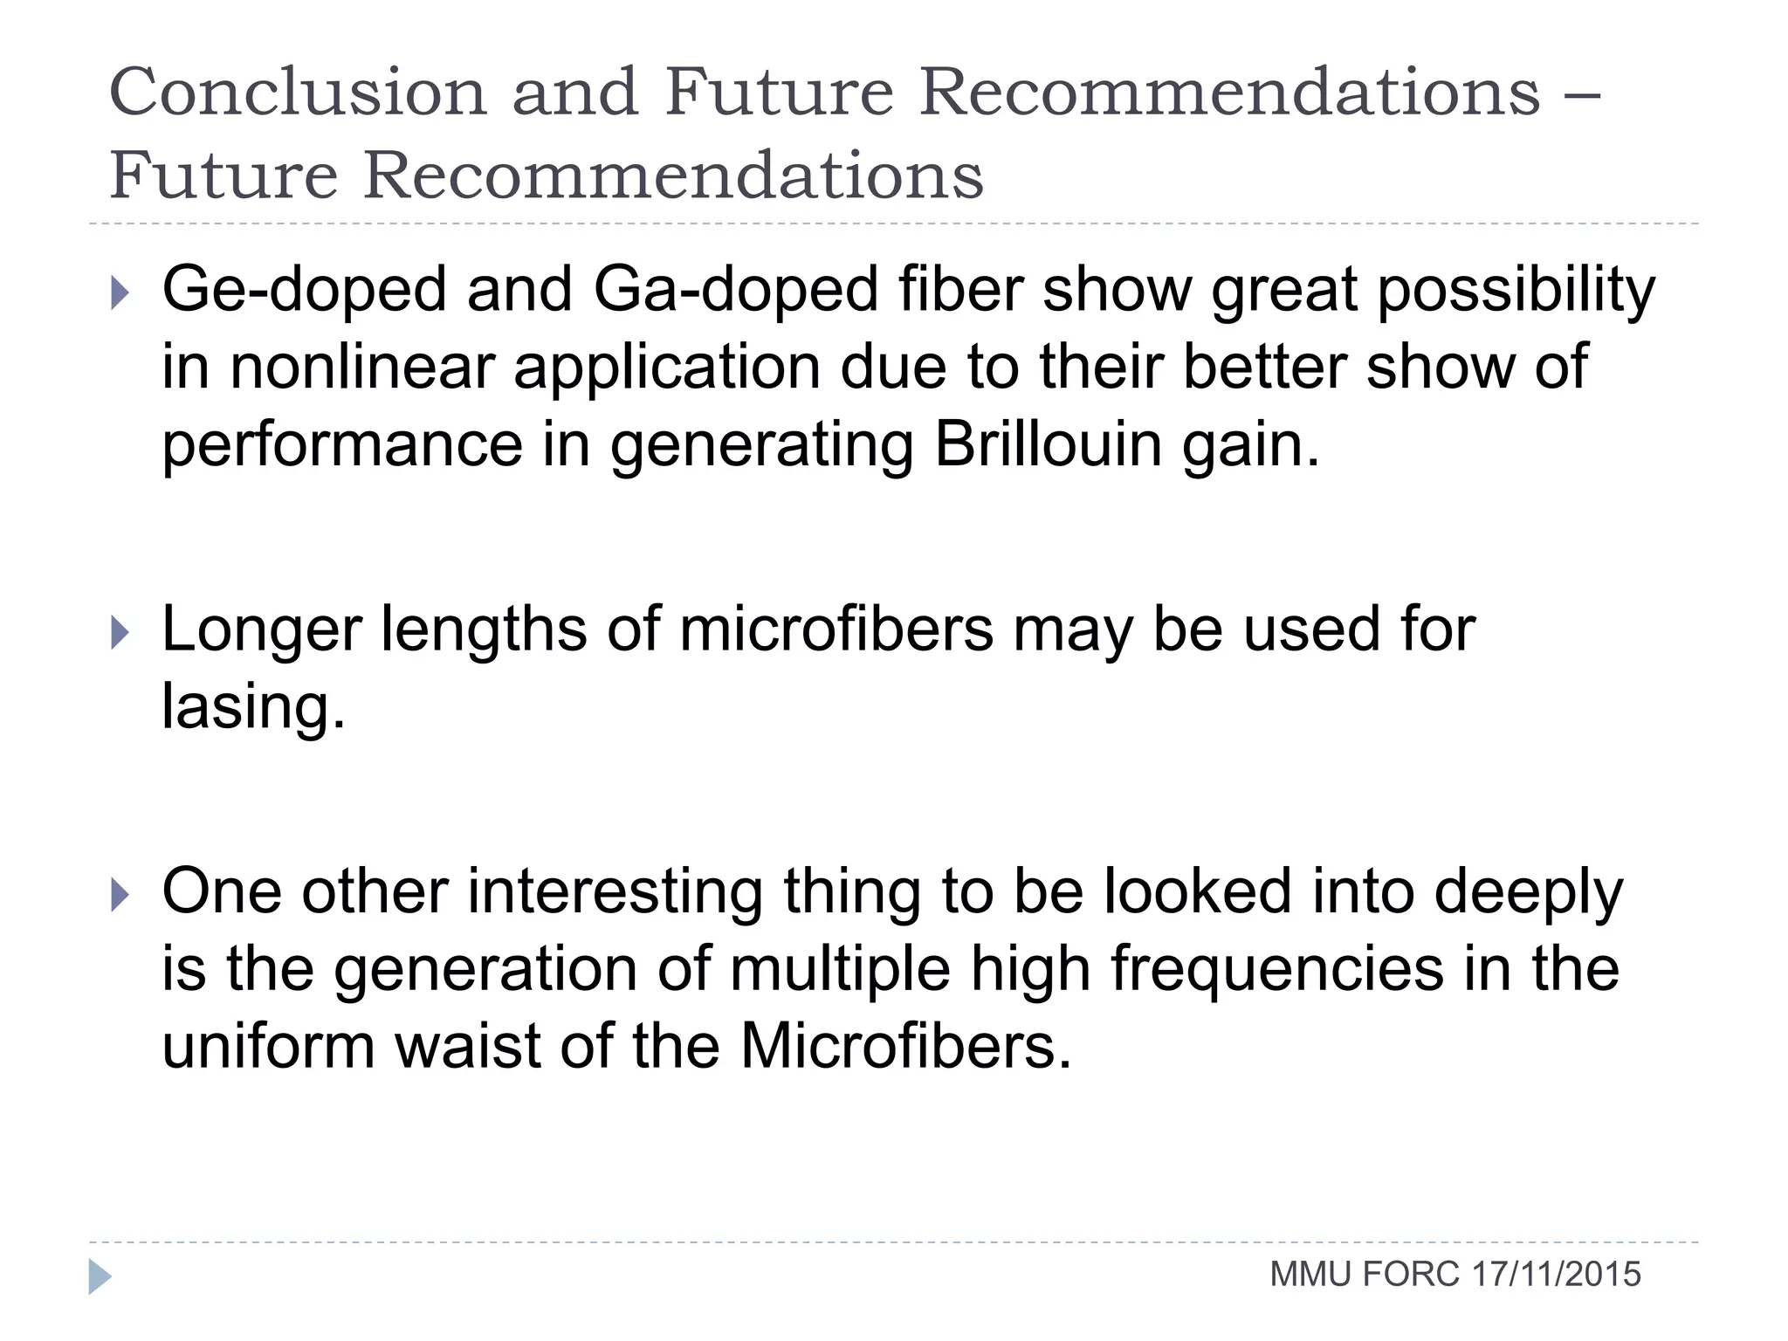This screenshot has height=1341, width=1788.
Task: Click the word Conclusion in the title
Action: (298, 92)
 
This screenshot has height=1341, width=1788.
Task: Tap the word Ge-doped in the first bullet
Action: (304, 290)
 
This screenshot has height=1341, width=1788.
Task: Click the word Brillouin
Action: (1048, 444)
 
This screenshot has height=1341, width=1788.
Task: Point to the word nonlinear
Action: (362, 368)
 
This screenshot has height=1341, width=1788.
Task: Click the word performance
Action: (342, 446)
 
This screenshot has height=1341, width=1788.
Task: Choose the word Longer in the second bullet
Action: (261, 630)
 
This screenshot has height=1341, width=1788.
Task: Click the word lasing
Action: (253, 707)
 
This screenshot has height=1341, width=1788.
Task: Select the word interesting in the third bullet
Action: (615, 892)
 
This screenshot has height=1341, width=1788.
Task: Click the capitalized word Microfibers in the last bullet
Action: (905, 1046)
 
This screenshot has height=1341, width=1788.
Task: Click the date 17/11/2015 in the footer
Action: (1556, 1275)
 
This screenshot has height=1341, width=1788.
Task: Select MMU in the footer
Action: (1311, 1275)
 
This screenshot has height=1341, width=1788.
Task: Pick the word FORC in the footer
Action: (1410, 1275)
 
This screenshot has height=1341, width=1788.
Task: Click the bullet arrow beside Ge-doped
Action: (120, 292)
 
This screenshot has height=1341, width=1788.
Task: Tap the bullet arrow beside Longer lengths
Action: (120, 632)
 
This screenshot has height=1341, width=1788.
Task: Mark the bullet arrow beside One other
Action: (120, 895)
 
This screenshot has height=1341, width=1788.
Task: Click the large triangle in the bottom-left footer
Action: (100, 1276)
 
